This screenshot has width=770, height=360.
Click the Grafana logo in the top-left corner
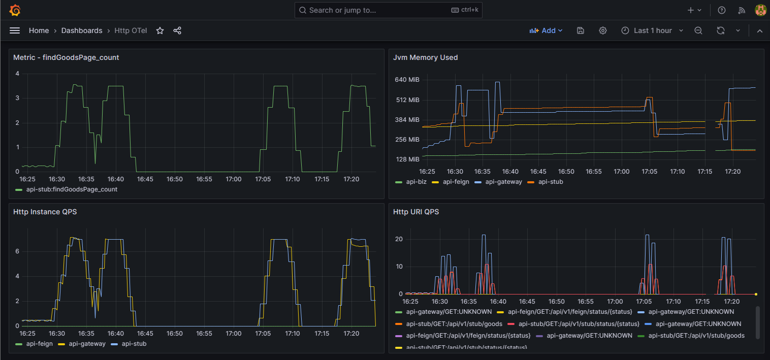coord(15,10)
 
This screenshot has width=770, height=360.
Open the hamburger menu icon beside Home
coord(15,30)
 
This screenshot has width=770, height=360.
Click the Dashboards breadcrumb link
coord(82,30)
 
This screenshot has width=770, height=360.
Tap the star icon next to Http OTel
coord(160,30)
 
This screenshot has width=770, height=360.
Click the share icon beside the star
coord(177,30)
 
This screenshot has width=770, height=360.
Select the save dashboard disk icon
coord(581,30)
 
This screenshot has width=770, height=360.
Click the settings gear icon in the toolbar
coord(603,30)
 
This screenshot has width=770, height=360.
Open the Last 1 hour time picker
coord(652,30)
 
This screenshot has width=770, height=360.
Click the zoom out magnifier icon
coord(698,30)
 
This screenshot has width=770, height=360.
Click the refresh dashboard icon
coord(720,30)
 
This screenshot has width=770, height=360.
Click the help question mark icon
coord(721,10)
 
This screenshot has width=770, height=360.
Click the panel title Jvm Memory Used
coord(425,57)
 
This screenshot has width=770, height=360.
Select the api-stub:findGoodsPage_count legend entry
coord(71,189)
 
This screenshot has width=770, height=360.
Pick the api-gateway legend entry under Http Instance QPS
coord(87,344)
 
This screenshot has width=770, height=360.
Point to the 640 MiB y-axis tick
coord(407,80)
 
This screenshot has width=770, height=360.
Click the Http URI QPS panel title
coord(415,212)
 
